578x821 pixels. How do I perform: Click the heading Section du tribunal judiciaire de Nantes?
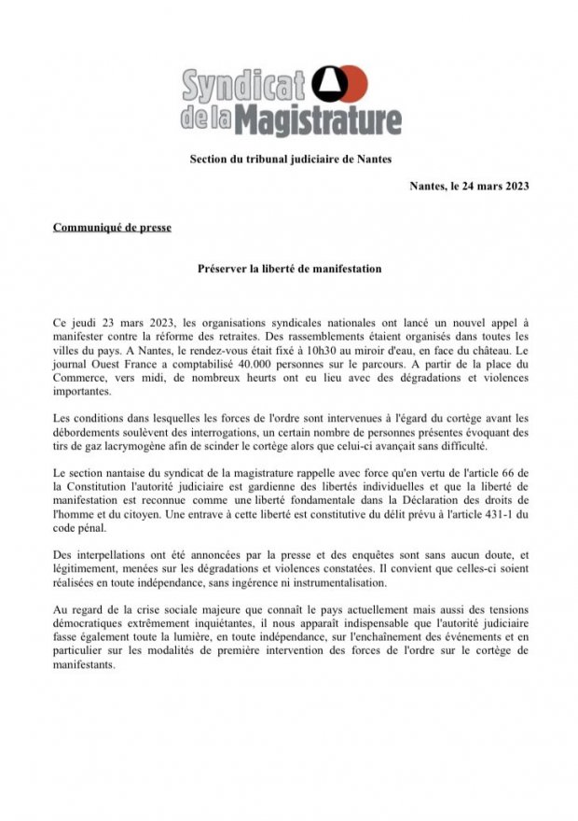(x=291, y=160)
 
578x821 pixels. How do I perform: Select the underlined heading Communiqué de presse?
(x=112, y=226)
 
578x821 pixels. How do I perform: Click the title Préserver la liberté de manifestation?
(x=289, y=268)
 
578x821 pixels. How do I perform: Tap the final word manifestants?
(x=84, y=666)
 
